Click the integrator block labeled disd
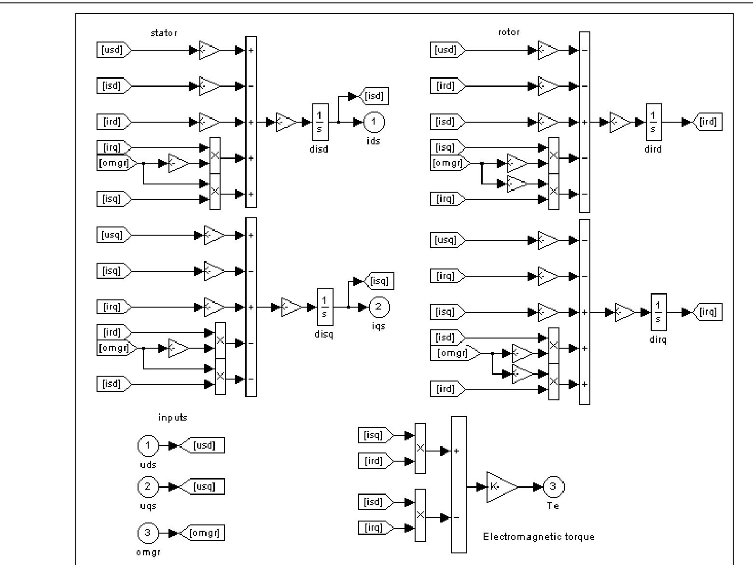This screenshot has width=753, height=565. tap(320, 122)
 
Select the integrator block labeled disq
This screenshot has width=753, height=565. tap(324, 307)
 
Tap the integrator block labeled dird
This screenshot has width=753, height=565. tap(654, 122)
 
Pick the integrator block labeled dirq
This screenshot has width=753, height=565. tap(658, 312)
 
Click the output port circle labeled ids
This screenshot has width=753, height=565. tap(373, 122)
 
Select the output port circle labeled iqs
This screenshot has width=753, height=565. tap(378, 307)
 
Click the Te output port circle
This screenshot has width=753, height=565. tap(553, 487)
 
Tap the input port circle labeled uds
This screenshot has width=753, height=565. tap(148, 446)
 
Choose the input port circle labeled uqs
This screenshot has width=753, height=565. tap(148, 487)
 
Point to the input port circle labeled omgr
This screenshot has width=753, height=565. tap(148, 533)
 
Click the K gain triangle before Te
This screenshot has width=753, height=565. tap(500, 487)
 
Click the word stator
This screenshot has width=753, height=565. tap(164, 33)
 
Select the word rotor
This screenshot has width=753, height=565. tap(509, 32)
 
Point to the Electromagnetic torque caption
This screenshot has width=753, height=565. tap(539, 537)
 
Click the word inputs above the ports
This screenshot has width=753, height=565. tap(172, 417)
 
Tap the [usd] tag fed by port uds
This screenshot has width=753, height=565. tap(204, 446)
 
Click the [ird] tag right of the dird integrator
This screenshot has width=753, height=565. tap(708, 122)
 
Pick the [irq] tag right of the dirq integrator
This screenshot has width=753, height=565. tap(708, 312)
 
